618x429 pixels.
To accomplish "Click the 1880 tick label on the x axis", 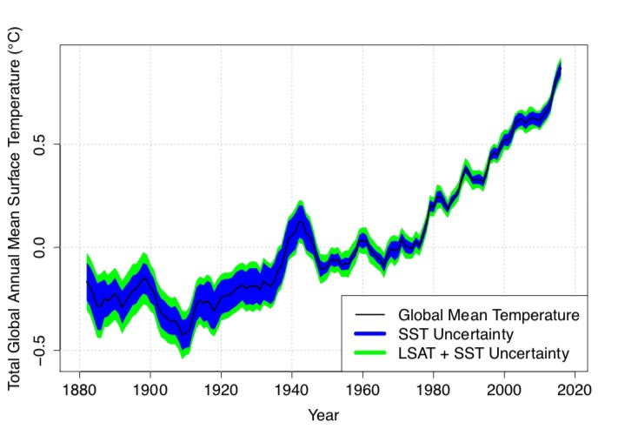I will (x=79, y=389).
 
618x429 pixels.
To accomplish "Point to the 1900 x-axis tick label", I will (x=150, y=389).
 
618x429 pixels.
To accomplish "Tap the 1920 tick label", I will (x=221, y=389).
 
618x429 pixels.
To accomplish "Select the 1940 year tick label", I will (x=291, y=389).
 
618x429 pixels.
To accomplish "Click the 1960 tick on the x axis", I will (x=362, y=389).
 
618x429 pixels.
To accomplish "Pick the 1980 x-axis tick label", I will (x=433, y=389).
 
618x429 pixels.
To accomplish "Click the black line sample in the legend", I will (x=370, y=312).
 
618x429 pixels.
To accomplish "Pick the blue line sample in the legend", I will (x=370, y=332).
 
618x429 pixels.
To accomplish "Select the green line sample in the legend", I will (x=370, y=352).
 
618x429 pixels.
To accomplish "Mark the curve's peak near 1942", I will (x=299, y=221).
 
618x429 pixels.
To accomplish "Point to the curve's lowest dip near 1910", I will (x=183, y=333).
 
